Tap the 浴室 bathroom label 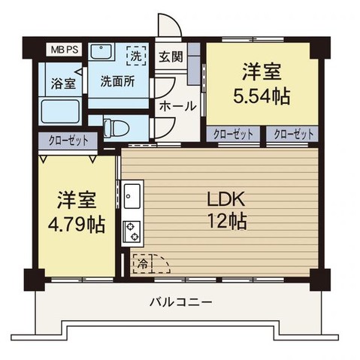pos(63,84)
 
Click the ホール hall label pos(177,106)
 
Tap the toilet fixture pos(117,128)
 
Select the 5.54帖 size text pos(261,95)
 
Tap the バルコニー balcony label pos(180,302)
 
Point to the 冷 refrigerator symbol pos(141,265)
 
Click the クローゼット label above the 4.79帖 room pos(68,141)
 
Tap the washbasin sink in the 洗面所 pos(101,54)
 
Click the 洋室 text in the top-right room pos(261,73)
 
